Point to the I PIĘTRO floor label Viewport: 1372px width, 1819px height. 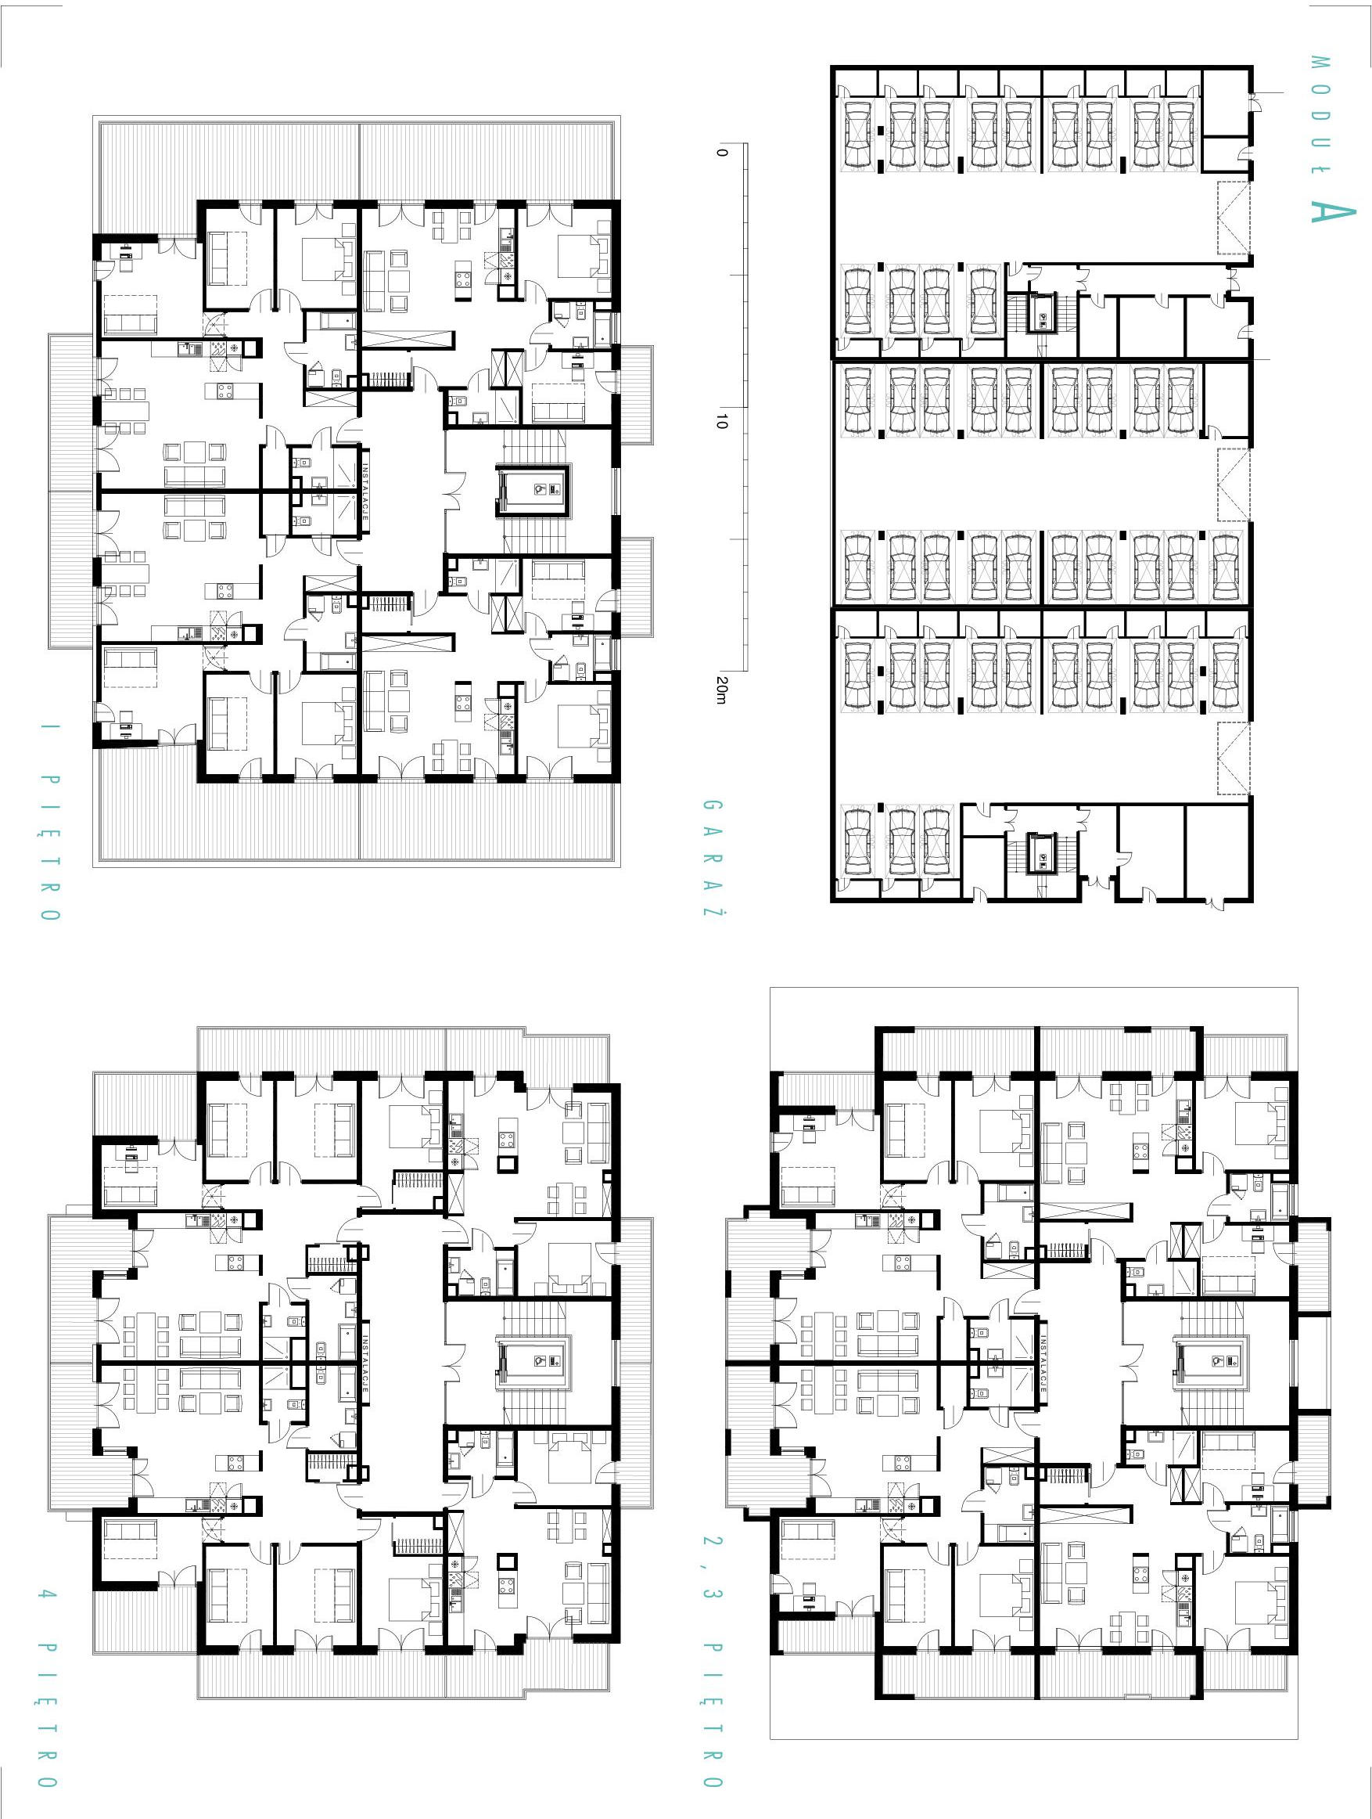49,822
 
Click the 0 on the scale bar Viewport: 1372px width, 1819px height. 722,152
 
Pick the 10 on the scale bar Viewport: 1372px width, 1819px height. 722,421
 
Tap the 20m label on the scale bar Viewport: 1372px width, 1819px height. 722,689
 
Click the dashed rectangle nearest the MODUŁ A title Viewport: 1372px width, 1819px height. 1233,218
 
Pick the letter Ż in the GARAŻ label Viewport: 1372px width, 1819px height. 713,908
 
